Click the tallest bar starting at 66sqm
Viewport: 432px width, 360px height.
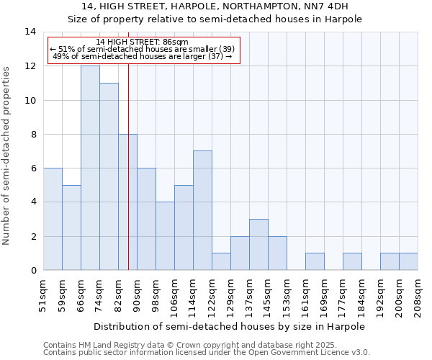pyautogui.click(x=90, y=168)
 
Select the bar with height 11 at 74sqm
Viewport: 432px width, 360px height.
pyautogui.click(x=109, y=176)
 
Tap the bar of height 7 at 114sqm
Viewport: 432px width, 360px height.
pyautogui.click(x=202, y=210)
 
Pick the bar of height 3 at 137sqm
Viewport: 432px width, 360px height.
pyautogui.click(x=258, y=245)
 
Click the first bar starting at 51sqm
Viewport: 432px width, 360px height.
pyautogui.click(x=53, y=219)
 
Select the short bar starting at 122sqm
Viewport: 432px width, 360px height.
pyautogui.click(x=221, y=261)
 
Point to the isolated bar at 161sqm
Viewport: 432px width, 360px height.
pyautogui.click(x=315, y=261)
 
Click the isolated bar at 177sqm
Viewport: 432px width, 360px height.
pyautogui.click(x=352, y=261)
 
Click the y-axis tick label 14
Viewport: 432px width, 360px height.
pyautogui.click(x=30, y=32)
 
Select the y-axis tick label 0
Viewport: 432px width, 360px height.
pyautogui.click(x=33, y=271)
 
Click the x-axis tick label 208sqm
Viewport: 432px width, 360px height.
pyautogui.click(x=418, y=295)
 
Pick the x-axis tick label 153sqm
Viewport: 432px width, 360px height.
pyautogui.click(x=287, y=295)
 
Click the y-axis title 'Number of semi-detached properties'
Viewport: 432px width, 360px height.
pyautogui.click(x=7, y=155)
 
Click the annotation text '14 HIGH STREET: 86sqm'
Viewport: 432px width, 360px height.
pyautogui.click(x=142, y=42)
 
